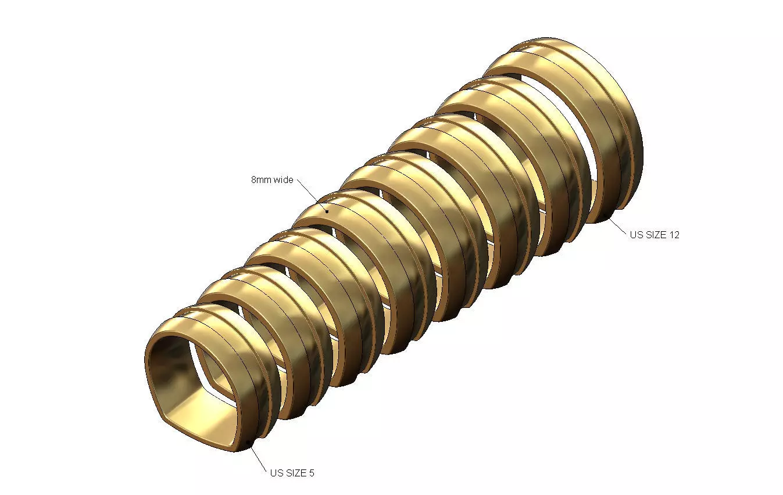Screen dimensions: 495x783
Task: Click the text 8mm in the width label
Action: coord(259,180)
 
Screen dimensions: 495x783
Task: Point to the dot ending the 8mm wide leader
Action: coord(327,211)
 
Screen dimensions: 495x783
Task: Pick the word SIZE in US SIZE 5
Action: coord(295,473)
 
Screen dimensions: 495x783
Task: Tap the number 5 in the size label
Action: coord(312,473)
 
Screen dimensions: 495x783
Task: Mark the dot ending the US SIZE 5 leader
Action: coord(249,444)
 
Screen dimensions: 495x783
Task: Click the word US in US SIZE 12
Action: coord(636,235)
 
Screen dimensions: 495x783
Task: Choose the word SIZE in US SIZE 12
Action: coord(656,235)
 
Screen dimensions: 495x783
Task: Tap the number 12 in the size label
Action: coord(674,235)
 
